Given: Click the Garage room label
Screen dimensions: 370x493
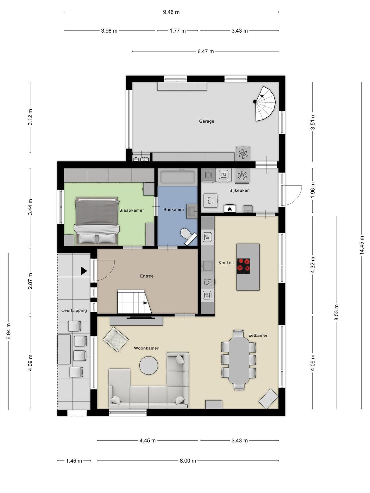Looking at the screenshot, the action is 207,121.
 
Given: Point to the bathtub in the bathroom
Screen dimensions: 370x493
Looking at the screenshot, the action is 177,177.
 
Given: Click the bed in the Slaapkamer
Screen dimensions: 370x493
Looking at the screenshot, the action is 97,221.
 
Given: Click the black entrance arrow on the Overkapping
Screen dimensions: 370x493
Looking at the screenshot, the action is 84,271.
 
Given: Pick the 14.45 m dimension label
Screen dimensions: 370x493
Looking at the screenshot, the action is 361,245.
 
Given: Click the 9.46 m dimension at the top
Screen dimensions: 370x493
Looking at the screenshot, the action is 171,12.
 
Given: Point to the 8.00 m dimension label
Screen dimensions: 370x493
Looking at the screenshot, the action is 188,461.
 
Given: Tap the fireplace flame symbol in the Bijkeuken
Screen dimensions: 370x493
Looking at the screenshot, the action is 230,209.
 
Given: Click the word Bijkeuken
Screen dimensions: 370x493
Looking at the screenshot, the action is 239,190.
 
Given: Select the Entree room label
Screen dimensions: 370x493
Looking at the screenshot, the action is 147,276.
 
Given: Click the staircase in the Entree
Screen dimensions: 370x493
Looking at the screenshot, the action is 134,301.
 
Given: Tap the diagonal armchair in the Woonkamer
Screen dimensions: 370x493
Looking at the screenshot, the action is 115,339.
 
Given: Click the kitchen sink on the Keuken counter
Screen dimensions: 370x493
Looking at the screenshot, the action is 208,266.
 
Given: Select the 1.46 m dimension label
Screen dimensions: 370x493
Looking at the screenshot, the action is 74,461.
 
